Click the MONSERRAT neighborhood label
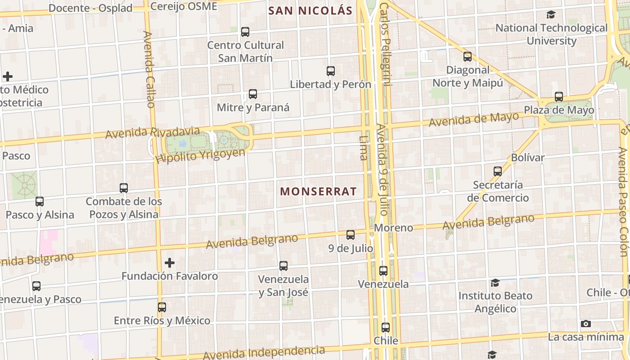(x=318, y=191)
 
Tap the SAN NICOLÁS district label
(x=310, y=10)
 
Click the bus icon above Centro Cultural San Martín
(x=245, y=32)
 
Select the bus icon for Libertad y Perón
(x=331, y=71)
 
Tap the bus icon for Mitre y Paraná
(x=253, y=94)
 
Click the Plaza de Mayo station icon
(x=559, y=97)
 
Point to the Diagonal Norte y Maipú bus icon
(x=468, y=57)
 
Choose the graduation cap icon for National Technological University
(x=551, y=15)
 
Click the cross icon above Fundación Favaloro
(x=170, y=262)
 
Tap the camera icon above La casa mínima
(x=586, y=324)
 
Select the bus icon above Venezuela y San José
(x=283, y=266)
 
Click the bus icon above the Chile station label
(x=386, y=328)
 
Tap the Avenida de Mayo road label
(x=473, y=120)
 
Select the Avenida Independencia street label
(x=263, y=353)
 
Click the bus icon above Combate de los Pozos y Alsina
(x=124, y=188)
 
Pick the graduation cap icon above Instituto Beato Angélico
(x=495, y=283)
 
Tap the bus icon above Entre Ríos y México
(x=162, y=307)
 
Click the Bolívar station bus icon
(x=498, y=171)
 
